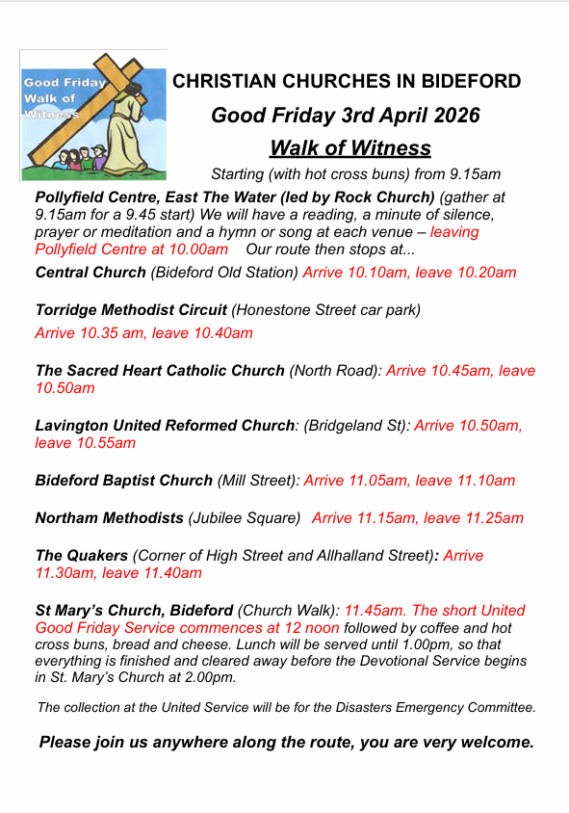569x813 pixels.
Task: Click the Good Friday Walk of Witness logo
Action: tap(93, 115)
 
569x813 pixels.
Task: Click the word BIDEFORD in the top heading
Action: tap(468, 82)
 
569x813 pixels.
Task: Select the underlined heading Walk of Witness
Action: tap(349, 147)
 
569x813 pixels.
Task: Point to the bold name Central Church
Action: tap(91, 273)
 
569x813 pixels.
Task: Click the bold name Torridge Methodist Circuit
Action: tap(131, 310)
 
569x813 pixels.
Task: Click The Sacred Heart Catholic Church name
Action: tap(160, 371)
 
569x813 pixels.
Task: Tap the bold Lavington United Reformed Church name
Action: tap(165, 425)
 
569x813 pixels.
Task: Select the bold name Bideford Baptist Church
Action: tap(123, 481)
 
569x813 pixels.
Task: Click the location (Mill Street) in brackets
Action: tap(258, 481)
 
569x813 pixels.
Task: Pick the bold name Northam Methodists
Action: tap(109, 518)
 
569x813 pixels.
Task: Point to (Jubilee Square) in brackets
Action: tap(245, 518)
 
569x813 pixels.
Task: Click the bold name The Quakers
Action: tap(81, 556)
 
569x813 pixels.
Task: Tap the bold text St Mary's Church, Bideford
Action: tap(134, 611)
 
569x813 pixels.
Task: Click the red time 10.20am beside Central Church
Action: tap(484, 273)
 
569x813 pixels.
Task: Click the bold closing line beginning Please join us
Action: tap(286, 743)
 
